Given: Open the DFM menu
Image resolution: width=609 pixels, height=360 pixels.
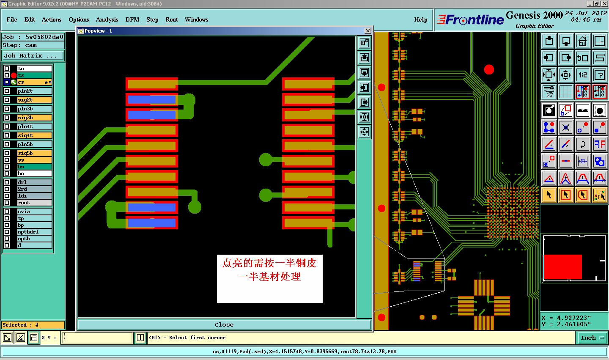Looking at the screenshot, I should (132, 19).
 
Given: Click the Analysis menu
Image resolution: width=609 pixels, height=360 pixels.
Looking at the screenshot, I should (107, 19).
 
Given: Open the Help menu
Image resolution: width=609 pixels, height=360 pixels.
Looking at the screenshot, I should (420, 19).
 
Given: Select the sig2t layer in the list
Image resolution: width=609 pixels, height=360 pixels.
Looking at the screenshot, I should (34, 100).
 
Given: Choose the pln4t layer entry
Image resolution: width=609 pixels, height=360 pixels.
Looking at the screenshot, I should (34, 126).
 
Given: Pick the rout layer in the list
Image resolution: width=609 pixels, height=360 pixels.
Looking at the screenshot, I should (34, 203).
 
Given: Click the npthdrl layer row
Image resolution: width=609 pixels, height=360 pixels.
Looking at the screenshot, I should (34, 232).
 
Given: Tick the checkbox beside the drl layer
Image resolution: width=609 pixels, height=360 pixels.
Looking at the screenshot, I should (7, 182).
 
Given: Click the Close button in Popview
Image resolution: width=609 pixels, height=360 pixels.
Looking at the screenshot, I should (224, 325).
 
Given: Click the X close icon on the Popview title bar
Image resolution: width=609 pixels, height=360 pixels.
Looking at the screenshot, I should (368, 31).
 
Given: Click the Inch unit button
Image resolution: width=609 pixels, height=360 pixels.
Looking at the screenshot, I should (592, 338).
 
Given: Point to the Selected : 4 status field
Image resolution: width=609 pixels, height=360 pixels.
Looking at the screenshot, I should (33, 325).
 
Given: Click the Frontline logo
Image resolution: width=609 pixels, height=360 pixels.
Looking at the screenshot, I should (470, 20).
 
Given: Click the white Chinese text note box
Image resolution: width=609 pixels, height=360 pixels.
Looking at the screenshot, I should (270, 278).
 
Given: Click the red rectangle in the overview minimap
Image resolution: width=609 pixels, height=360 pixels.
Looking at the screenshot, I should (562, 267).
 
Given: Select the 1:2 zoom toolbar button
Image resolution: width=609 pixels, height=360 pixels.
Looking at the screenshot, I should (583, 75).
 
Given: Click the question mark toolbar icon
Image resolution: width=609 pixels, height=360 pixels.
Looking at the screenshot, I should (599, 75).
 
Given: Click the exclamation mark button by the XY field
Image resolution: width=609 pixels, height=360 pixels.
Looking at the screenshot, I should (140, 338).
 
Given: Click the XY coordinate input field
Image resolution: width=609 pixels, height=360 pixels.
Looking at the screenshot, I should (98, 338).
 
